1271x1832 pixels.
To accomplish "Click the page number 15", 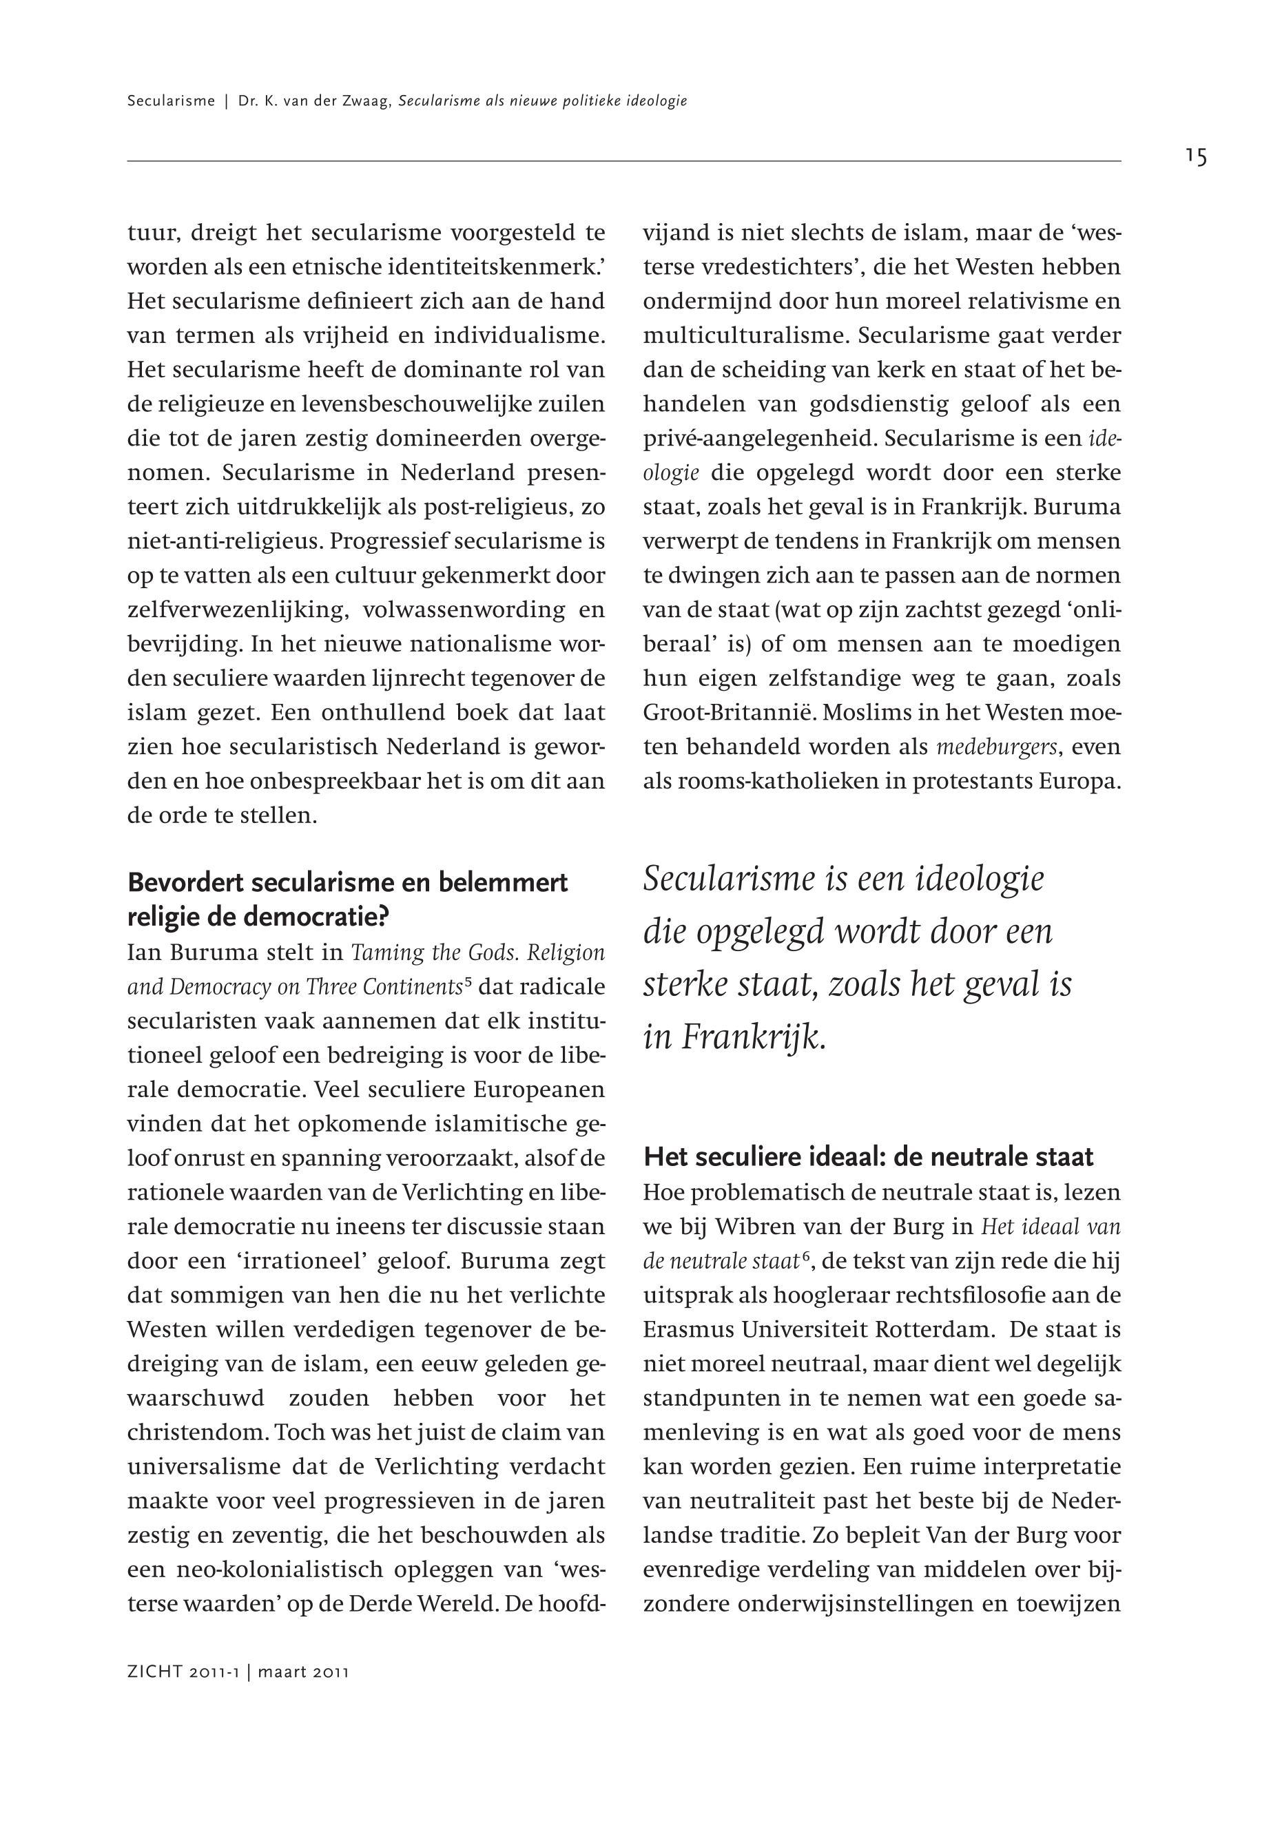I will coord(1195,158).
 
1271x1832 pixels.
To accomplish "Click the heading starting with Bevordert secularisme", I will coord(347,899).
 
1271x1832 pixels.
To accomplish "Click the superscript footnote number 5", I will coord(468,981).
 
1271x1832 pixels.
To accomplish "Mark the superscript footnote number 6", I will coord(806,1256).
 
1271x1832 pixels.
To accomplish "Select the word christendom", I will coord(196,1433).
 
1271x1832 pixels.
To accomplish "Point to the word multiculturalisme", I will coord(746,336).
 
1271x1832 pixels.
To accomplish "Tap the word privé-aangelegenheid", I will coord(760,439).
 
